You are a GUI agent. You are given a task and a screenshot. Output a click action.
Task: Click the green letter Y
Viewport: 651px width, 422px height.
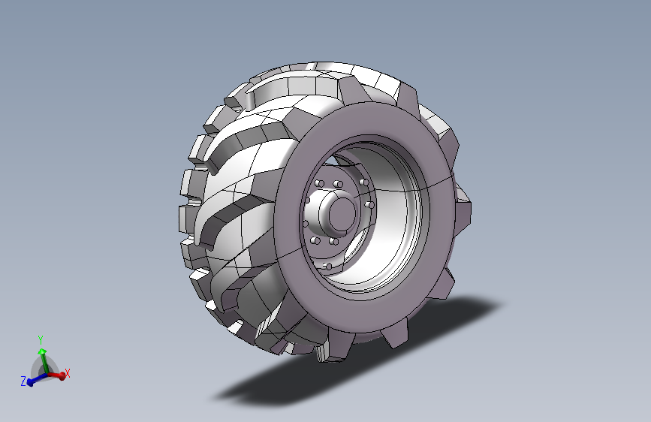tap(41, 340)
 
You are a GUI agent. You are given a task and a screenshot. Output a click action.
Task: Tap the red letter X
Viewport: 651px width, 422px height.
tap(68, 373)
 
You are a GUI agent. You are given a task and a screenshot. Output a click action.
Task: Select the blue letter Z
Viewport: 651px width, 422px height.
tap(24, 381)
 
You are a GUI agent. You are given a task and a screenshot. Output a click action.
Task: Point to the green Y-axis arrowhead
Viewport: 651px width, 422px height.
tap(42, 352)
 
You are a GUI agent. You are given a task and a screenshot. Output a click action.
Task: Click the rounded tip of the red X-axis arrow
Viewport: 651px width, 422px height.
tap(62, 376)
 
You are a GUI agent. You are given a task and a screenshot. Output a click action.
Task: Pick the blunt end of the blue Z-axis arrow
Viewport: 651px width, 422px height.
tap(29, 381)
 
